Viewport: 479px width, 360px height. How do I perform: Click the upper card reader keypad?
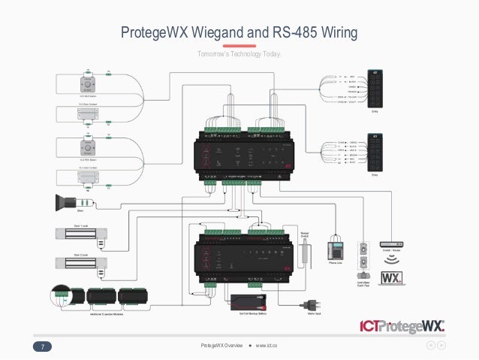(x=375, y=89)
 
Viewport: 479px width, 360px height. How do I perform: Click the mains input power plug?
(x=308, y=304)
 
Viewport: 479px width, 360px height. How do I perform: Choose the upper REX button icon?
(x=89, y=82)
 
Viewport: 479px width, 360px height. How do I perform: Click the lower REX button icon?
(x=89, y=146)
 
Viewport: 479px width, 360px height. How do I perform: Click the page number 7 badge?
(x=44, y=346)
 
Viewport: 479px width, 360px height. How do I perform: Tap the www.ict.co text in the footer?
(x=267, y=346)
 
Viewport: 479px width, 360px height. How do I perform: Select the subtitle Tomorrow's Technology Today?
(x=239, y=55)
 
